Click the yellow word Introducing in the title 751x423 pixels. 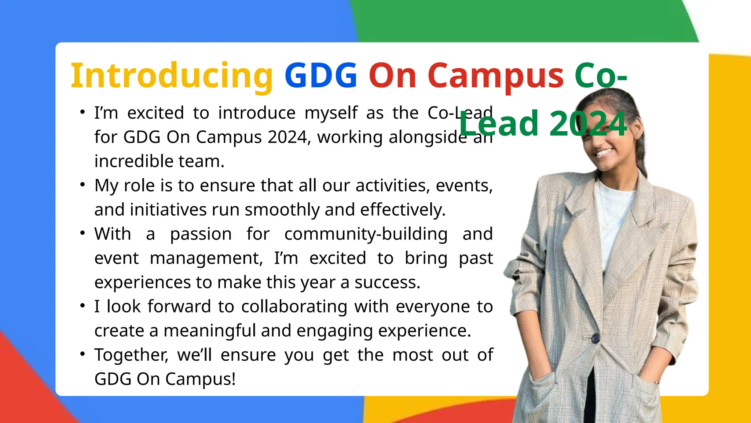(x=172, y=76)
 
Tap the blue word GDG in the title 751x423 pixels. (x=321, y=76)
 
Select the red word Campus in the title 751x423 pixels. (x=495, y=76)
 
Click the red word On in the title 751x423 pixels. (x=392, y=76)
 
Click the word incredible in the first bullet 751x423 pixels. (x=136, y=161)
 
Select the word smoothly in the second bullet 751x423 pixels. (x=282, y=210)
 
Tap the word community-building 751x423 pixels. (x=366, y=234)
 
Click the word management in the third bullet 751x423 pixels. (x=206, y=258)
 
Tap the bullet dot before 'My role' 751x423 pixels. (x=83, y=185)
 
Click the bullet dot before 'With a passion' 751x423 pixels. (x=83, y=233)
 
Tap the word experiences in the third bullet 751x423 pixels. (x=143, y=282)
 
